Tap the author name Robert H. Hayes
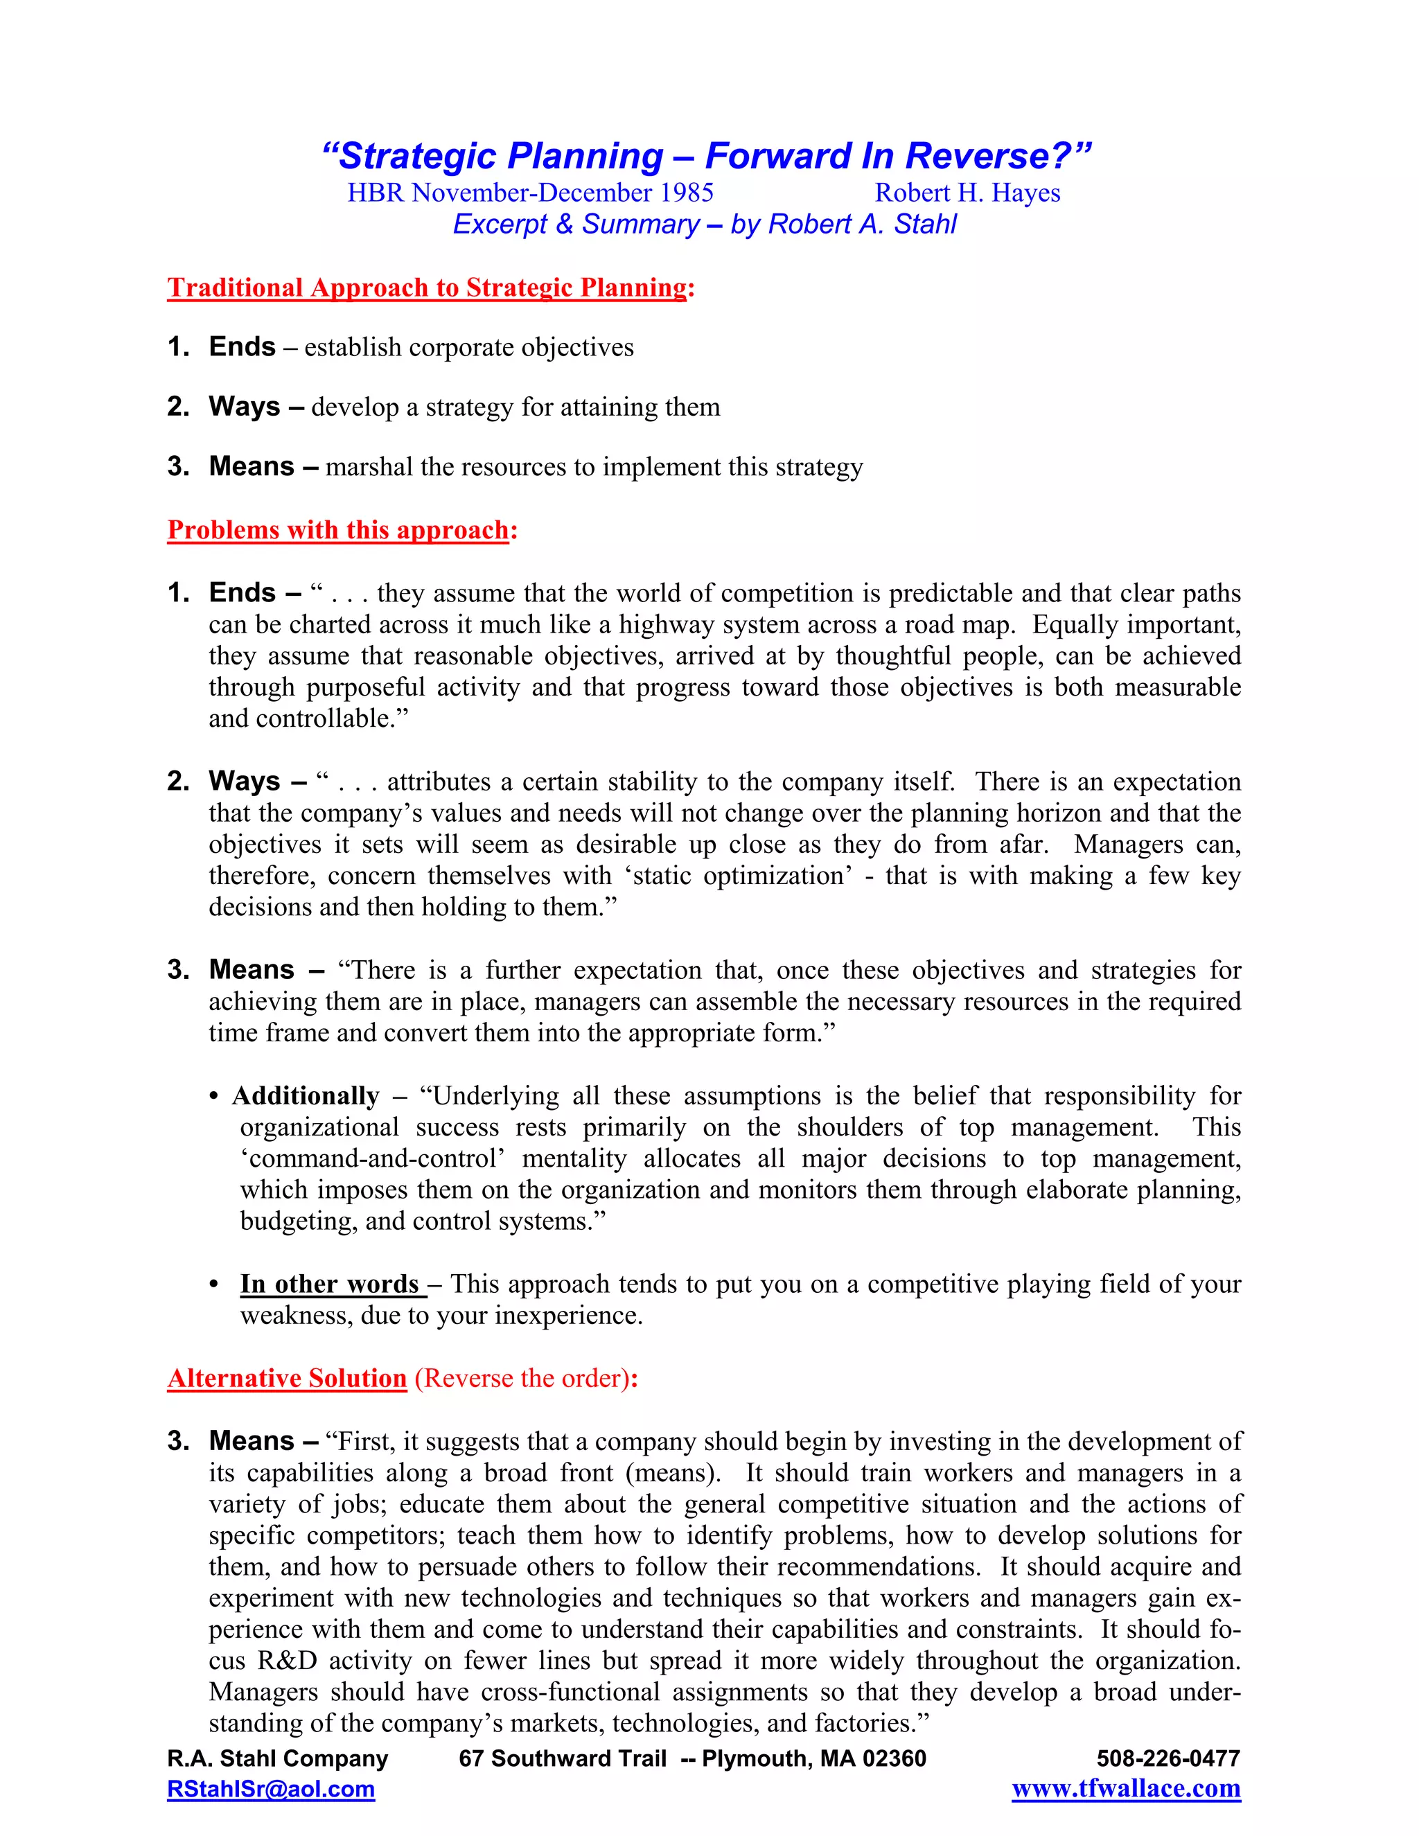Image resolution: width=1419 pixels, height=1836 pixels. (x=967, y=193)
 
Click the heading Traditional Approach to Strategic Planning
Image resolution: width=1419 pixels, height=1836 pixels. (x=427, y=288)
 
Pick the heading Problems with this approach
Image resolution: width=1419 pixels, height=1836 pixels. (x=338, y=531)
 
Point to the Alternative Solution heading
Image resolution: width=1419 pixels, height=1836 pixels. (x=287, y=1379)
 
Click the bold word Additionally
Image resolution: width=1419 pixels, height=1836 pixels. (x=306, y=1096)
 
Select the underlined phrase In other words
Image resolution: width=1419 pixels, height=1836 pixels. (x=330, y=1285)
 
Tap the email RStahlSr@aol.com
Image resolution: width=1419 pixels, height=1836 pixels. (x=271, y=1790)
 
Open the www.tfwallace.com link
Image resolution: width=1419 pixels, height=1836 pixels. (x=1126, y=1790)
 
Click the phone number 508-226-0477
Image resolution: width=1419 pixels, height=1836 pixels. (x=1167, y=1758)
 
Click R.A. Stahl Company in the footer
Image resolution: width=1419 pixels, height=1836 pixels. (x=277, y=1758)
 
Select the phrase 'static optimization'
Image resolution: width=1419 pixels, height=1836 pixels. (x=737, y=876)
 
